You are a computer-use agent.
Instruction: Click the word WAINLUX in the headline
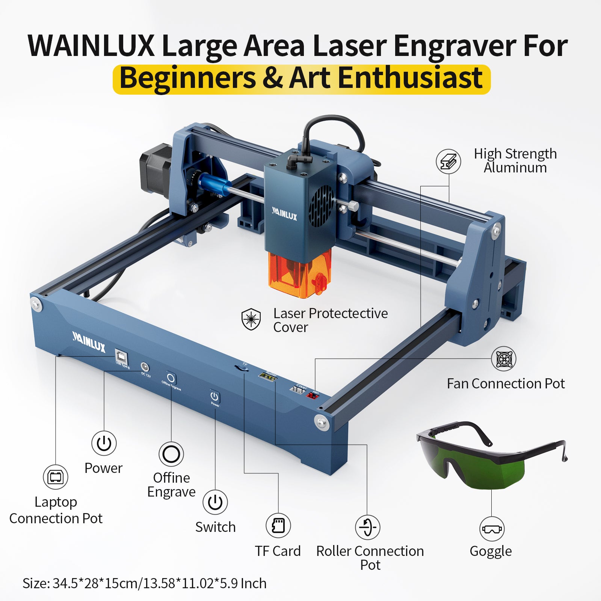coord(91,46)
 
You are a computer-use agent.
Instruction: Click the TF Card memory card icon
coord(278,525)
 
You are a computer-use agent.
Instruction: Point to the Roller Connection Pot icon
coord(367,527)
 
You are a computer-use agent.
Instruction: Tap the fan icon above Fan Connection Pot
coord(503,359)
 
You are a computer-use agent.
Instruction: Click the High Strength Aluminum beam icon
coord(448,162)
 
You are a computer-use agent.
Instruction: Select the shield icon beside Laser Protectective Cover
coord(251,319)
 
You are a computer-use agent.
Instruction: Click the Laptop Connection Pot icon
coord(56,477)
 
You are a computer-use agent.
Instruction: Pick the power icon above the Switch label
coord(215,502)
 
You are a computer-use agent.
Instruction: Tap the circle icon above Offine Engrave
coord(171,455)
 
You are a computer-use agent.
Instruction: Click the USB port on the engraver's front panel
coord(121,355)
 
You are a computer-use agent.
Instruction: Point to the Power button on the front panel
coord(214,397)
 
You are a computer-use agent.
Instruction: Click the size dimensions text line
coord(145,583)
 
